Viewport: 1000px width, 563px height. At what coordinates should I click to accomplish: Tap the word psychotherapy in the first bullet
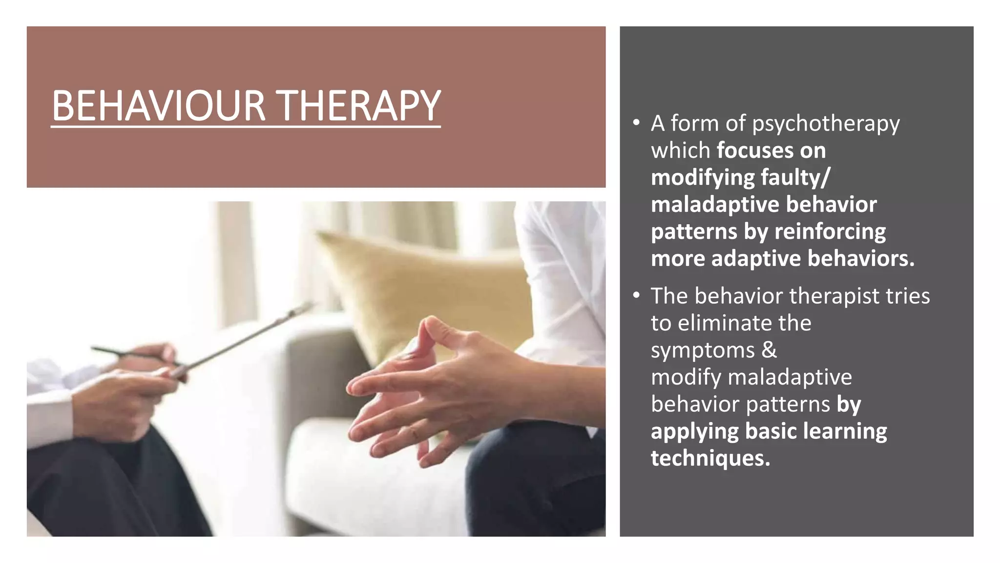tap(825, 123)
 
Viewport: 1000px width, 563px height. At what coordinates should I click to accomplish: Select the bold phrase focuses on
tap(771, 151)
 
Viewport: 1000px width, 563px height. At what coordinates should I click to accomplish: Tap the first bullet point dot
tap(636, 123)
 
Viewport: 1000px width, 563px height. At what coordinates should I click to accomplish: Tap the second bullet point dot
tap(636, 295)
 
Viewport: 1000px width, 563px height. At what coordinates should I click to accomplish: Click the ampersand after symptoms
tap(769, 350)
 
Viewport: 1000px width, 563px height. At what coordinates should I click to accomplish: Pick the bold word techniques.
tap(710, 458)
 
